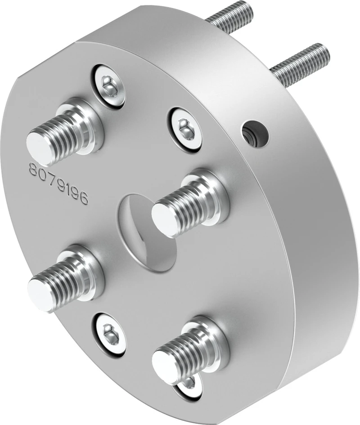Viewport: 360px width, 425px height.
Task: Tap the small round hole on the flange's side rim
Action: pos(256,134)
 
